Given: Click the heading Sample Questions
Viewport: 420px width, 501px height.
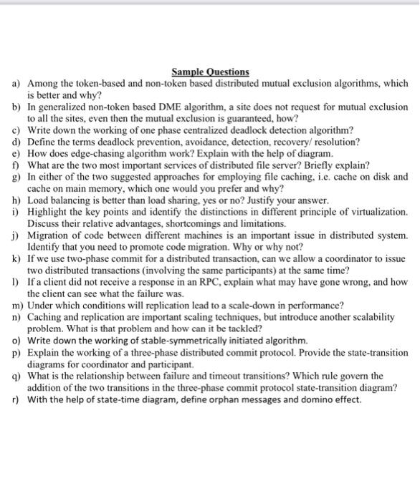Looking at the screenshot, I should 210,72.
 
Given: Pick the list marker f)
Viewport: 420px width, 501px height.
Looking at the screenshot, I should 15,165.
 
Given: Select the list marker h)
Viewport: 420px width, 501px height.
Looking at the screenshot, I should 15,200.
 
